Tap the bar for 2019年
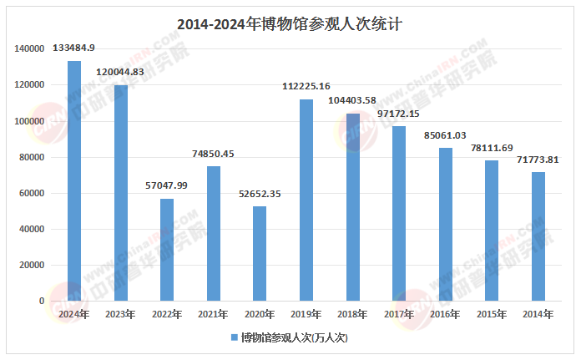coord(306,200)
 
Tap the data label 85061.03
coord(445,134)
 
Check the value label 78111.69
coord(492,147)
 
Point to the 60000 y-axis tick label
coord(31,193)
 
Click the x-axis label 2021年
coord(213,314)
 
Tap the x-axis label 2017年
coord(399,314)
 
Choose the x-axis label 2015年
coord(492,314)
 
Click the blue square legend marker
coord(235,338)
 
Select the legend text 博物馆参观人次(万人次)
coord(293,338)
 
